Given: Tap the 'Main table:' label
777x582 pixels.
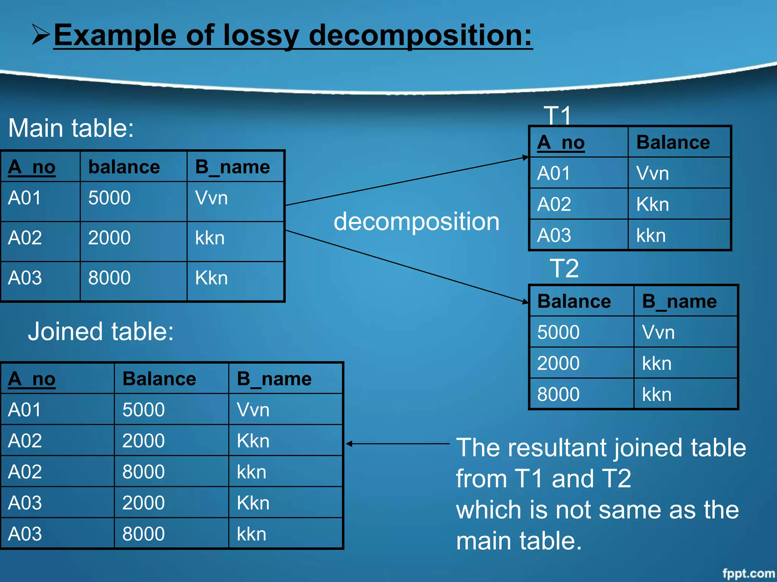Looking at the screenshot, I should click(71, 128).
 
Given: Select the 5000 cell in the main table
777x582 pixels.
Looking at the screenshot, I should click(109, 198).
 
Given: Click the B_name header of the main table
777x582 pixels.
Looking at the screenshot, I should click(232, 167).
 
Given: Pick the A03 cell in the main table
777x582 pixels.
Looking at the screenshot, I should click(25, 278).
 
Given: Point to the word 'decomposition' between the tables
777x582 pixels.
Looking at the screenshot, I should click(416, 222).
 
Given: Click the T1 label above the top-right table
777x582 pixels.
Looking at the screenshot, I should click(557, 115).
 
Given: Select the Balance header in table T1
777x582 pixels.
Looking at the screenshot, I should click(673, 142).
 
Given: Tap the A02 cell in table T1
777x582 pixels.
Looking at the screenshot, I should click(554, 204).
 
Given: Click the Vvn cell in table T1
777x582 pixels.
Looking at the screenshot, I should click(653, 174).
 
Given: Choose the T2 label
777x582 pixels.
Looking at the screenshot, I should click(564, 268).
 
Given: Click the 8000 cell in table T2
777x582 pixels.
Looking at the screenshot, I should click(558, 394).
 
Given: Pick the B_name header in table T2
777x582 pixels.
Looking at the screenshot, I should click(679, 302).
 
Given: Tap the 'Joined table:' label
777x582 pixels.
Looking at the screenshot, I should click(101, 332).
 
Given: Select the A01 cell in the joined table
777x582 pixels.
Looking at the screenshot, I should click(25, 410).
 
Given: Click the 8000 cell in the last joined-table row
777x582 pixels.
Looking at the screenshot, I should click(143, 534).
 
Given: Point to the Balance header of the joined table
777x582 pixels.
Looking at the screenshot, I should click(159, 379).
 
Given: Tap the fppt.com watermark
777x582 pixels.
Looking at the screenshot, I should click(748, 573).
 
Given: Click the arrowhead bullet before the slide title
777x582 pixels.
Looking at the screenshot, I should click(41, 34).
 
